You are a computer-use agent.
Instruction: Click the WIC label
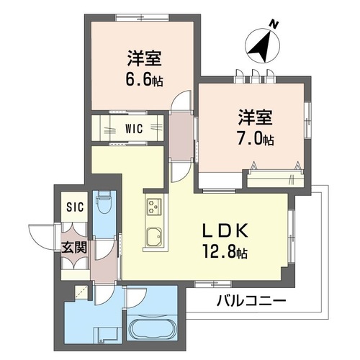click(134, 128)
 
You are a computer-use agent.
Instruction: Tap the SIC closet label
click(75, 207)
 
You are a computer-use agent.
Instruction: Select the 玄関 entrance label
click(74, 247)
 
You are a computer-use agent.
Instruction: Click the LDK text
click(225, 230)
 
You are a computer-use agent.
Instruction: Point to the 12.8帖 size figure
click(225, 251)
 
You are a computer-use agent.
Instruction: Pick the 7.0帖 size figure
click(256, 139)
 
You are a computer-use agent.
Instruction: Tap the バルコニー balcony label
click(251, 300)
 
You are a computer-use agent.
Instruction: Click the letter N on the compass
click(274, 24)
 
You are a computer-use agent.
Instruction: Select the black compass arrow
click(261, 46)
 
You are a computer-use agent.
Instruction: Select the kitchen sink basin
click(154, 237)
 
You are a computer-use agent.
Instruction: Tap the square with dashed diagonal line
click(81, 292)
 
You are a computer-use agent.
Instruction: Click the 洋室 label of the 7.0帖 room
click(256, 117)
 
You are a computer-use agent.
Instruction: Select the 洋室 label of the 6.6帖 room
click(144, 58)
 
